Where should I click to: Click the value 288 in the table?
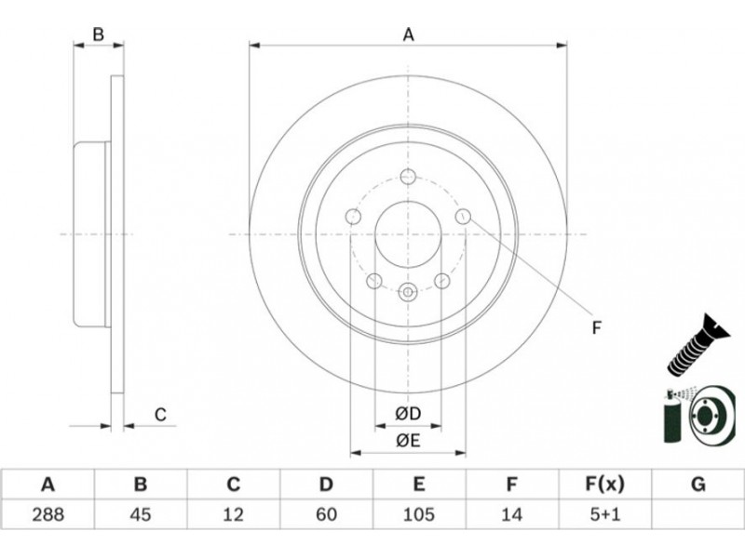tap(48, 514)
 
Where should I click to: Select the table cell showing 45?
tap(141, 514)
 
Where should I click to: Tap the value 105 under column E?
tap(418, 514)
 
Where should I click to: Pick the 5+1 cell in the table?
tap(604, 514)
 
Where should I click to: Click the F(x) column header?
tap(604, 485)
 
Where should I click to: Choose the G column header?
tap(698, 485)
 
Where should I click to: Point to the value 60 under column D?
tap(326, 514)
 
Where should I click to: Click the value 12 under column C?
tap(234, 514)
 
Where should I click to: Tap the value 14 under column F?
tap(511, 514)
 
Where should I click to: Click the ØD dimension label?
tap(408, 414)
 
